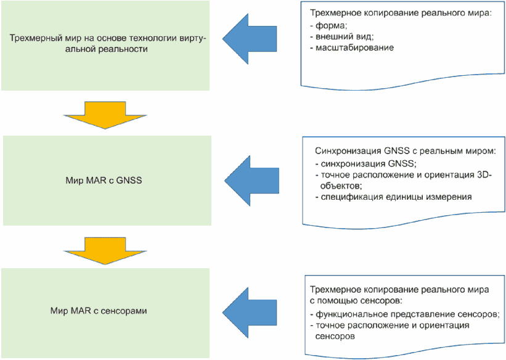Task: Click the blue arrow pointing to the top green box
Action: pos(249,39)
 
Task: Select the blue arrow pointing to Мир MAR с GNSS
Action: pos(251,181)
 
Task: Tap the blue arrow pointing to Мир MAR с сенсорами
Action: pos(249,313)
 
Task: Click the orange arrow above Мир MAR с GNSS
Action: pos(105,115)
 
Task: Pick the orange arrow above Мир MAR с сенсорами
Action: pos(105,251)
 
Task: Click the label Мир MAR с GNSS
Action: pos(104,180)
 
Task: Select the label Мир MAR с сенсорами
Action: pos(99,311)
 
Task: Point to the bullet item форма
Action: pos(328,25)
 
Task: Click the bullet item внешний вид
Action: pos(341,36)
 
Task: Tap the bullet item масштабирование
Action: pos(352,47)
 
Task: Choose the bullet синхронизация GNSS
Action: pos(366,164)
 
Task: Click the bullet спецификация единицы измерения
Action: pos(393,197)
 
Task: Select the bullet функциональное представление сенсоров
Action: pos(405,314)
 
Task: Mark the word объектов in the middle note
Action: pos(341,186)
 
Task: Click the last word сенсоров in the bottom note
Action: pos(335,337)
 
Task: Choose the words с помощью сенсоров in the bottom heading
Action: pos(356,301)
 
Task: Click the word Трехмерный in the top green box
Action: pos(31,38)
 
